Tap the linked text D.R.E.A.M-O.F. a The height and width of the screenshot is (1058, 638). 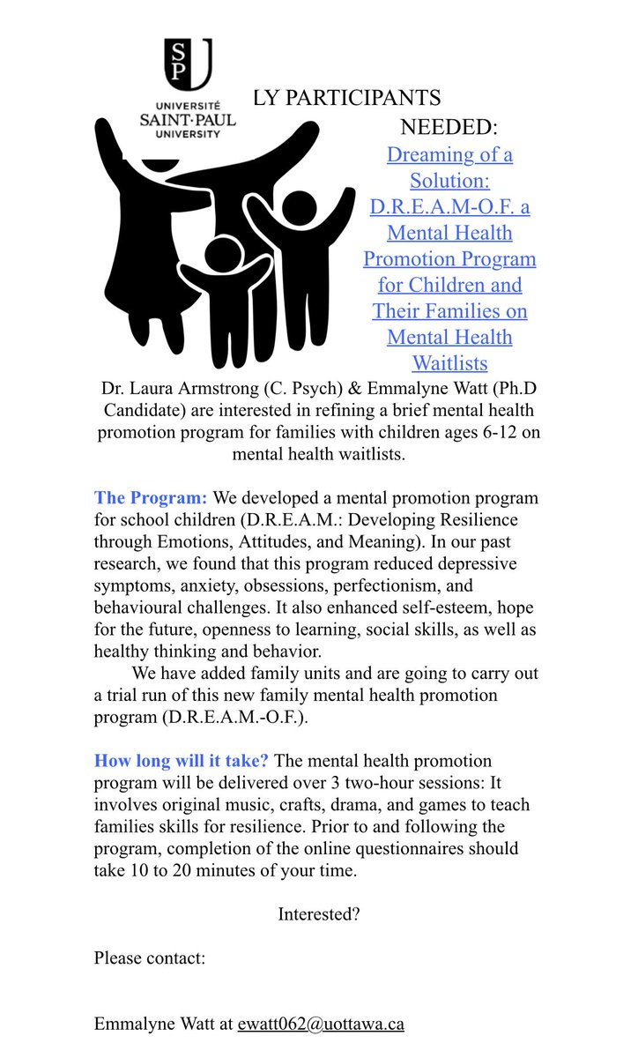click(x=449, y=207)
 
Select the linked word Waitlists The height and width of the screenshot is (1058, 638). click(x=449, y=363)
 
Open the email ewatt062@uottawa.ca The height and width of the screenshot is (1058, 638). click(x=321, y=1024)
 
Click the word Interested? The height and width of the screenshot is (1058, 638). click(x=318, y=914)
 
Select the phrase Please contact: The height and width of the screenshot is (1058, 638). click(x=150, y=958)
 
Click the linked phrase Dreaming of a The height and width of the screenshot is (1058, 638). click(x=449, y=155)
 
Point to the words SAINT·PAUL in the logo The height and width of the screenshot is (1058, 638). click(x=188, y=122)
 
